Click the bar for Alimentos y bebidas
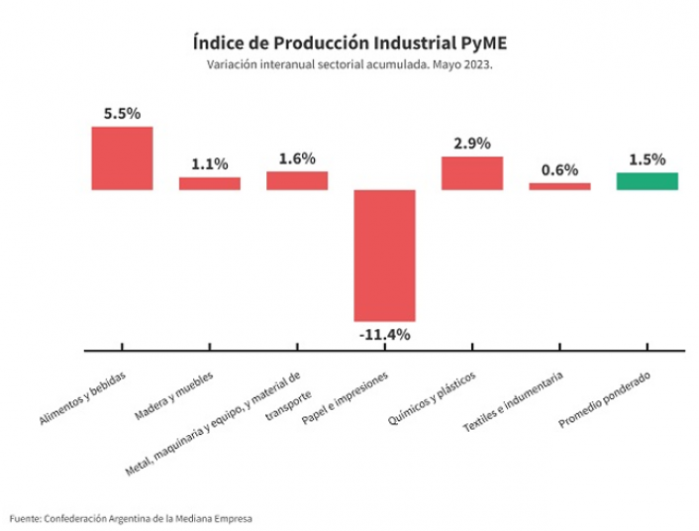(x=122, y=158)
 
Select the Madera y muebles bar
(x=209, y=183)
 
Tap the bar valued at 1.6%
(x=296, y=180)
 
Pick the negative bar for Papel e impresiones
(x=384, y=255)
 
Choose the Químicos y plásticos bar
(x=472, y=172)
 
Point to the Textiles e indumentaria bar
(x=559, y=185)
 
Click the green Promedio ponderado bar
(x=647, y=180)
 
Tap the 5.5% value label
(x=122, y=113)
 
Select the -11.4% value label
(x=384, y=334)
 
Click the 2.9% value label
(x=472, y=144)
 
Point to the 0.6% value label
(x=559, y=169)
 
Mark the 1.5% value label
(x=647, y=159)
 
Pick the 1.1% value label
(x=209, y=164)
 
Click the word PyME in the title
(x=484, y=43)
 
